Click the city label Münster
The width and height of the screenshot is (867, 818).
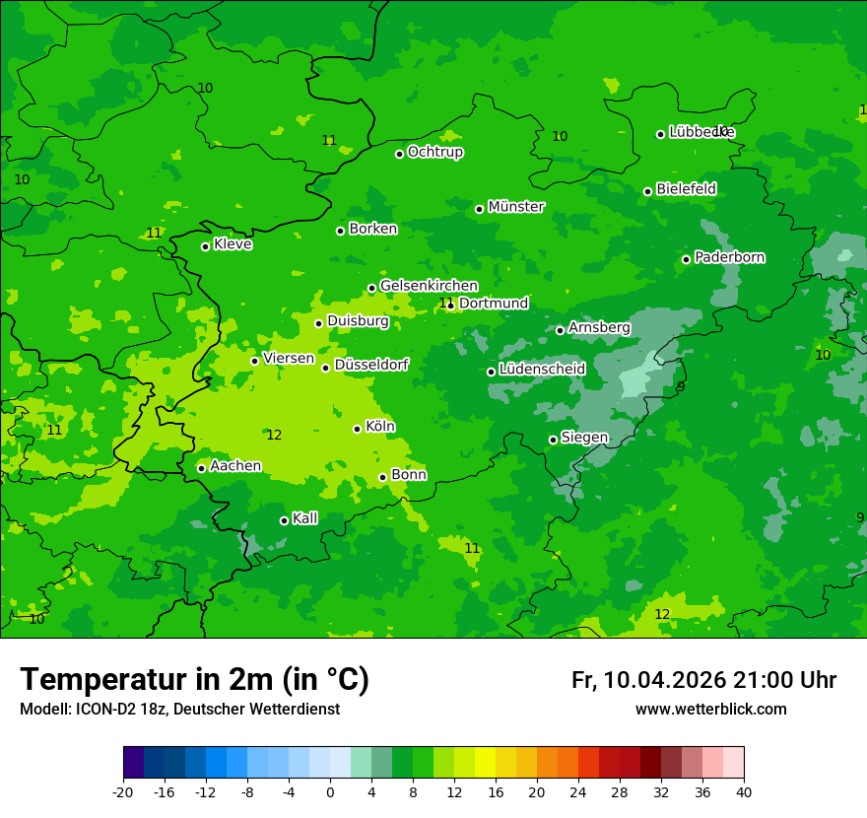(x=516, y=207)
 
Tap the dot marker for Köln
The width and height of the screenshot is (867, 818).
(x=357, y=429)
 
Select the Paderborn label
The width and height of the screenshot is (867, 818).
(x=729, y=257)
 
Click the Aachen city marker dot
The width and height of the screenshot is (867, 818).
(x=201, y=468)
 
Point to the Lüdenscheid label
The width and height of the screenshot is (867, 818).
(x=542, y=370)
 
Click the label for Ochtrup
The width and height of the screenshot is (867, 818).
(x=434, y=152)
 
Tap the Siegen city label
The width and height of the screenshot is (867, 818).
(x=584, y=438)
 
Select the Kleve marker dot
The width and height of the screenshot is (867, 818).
(x=205, y=246)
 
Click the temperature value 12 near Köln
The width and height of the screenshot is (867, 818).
(x=274, y=435)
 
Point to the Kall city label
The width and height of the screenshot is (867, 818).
(x=304, y=518)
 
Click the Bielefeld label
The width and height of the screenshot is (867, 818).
(x=686, y=188)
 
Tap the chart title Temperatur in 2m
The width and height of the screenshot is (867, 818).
(x=194, y=679)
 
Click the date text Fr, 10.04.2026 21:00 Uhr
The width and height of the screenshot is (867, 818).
(x=703, y=680)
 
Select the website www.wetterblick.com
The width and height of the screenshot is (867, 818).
(x=710, y=710)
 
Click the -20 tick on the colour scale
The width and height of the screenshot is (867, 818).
(x=123, y=791)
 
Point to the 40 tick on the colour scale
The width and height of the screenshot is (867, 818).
(x=744, y=791)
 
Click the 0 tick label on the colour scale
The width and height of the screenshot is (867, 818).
(x=330, y=791)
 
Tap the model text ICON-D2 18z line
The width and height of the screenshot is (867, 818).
(x=179, y=710)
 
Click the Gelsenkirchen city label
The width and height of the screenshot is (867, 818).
(x=429, y=286)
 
